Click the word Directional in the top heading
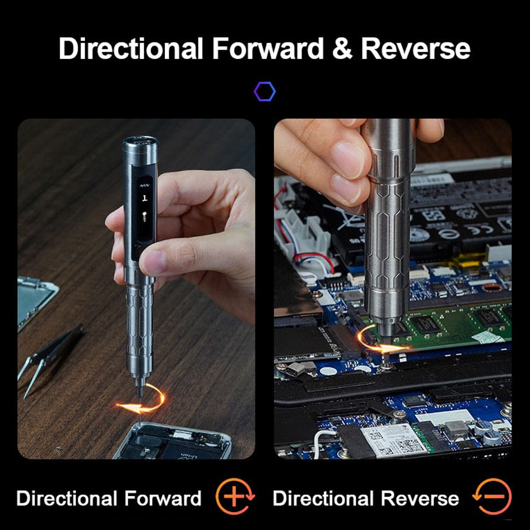[x=131, y=48]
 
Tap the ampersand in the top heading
[x=342, y=48]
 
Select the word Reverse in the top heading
[x=416, y=48]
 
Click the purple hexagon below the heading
[x=264, y=92]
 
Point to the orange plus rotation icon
[x=235, y=496]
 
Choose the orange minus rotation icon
[x=492, y=496]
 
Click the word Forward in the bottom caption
[x=162, y=498]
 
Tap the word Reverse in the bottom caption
[x=420, y=498]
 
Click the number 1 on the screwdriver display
[x=145, y=197]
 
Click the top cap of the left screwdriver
[x=140, y=144]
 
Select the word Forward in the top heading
[x=268, y=48]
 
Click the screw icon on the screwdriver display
[x=145, y=216]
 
